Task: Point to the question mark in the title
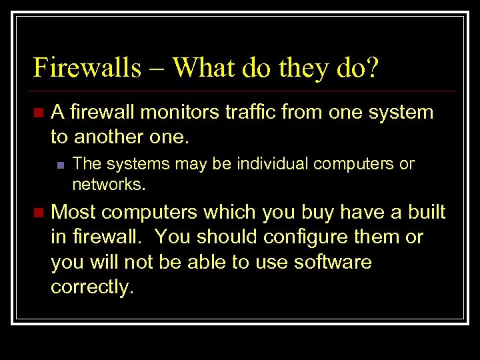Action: (x=371, y=67)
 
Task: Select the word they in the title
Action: (x=299, y=67)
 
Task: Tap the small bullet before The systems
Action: (x=61, y=164)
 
